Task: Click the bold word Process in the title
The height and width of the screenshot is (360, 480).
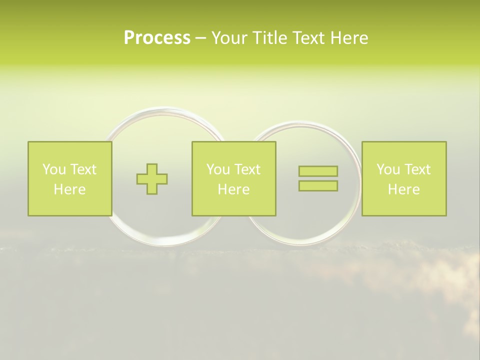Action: (x=157, y=38)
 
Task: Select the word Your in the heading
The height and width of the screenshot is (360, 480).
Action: (x=229, y=38)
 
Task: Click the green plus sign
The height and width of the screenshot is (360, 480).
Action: (x=152, y=178)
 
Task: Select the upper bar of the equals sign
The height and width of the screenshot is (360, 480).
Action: (x=318, y=171)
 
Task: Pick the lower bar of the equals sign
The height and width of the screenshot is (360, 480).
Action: (x=318, y=185)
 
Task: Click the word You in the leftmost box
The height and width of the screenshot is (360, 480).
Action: (x=54, y=169)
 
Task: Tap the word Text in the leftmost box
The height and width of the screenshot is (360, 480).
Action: (x=82, y=169)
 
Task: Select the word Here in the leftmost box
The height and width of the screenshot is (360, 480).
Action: (x=69, y=189)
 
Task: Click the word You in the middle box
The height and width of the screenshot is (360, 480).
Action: (x=218, y=169)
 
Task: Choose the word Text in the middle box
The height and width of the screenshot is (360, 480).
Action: (x=246, y=169)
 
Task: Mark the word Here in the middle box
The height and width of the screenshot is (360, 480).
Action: (x=233, y=189)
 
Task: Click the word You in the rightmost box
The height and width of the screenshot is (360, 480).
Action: (x=388, y=169)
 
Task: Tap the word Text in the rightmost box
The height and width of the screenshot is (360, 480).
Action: (x=416, y=169)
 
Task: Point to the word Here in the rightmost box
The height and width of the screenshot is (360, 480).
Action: (x=403, y=189)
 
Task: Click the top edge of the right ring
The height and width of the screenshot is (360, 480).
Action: (x=302, y=123)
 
